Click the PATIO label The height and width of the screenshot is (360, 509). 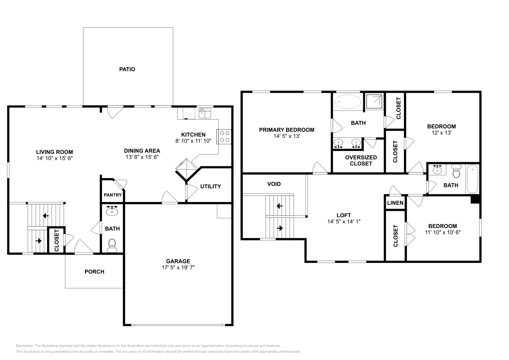click(x=127, y=69)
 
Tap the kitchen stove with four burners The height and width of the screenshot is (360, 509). click(x=224, y=136)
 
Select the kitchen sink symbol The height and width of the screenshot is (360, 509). click(x=205, y=113)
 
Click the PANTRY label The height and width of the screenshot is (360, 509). click(x=113, y=195)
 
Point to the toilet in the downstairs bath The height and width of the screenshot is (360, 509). click(x=112, y=245)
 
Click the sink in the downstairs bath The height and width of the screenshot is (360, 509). click(x=112, y=211)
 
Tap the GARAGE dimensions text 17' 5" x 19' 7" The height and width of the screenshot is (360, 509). click(x=178, y=268)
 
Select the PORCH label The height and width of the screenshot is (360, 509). click(x=94, y=272)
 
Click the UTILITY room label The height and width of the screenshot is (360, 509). click(x=210, y=186)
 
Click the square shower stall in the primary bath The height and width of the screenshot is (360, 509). click(x=374, y=101)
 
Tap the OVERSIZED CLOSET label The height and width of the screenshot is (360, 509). click(x=361, y=161)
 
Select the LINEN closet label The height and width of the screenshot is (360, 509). click(x=395, y=203)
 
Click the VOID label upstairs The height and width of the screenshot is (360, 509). click(x=274, y=184)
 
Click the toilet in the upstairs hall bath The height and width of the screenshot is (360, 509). click(x=456, y=171)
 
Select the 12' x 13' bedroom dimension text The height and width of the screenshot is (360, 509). click(x=441, y=133)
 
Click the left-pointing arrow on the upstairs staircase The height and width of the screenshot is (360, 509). click(x=279, y=206)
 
